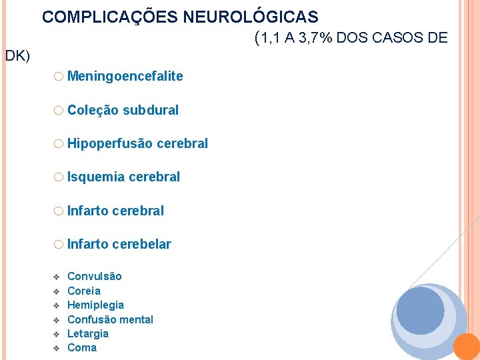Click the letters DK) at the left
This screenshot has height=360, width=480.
pyautogui.click(x=17, y=56)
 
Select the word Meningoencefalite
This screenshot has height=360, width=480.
pyautogui.click(x=125, y=76)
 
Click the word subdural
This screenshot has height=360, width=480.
pyautogui.click(x=151, y=110)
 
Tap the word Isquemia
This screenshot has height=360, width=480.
pyautogui.click(x=96, y=177)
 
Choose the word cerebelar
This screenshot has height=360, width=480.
pyautogui.click(x=142, y=244)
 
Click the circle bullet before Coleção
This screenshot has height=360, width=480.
pyautogui.click(x=59, y=110)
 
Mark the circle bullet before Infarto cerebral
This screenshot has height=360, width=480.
pyautogui.click(x=59, y=211)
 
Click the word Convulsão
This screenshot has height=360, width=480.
pyautogui.click(x=95, y=276)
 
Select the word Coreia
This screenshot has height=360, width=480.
pyautogui.click(x=84, y=291)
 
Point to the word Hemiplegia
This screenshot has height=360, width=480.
pyautogui.click(x=96, y=305)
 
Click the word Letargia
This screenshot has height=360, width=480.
pyautogui.click(x=88, y=333)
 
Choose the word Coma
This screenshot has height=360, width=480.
pyautogui.click(x=82, y=347)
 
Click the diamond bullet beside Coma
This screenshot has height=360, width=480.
pyautogui.click(x=56, y=348)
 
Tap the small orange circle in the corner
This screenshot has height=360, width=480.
pyautogui.click(x=467, y=347)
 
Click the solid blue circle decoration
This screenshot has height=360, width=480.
pyautogui.click(x=419, y=311)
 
